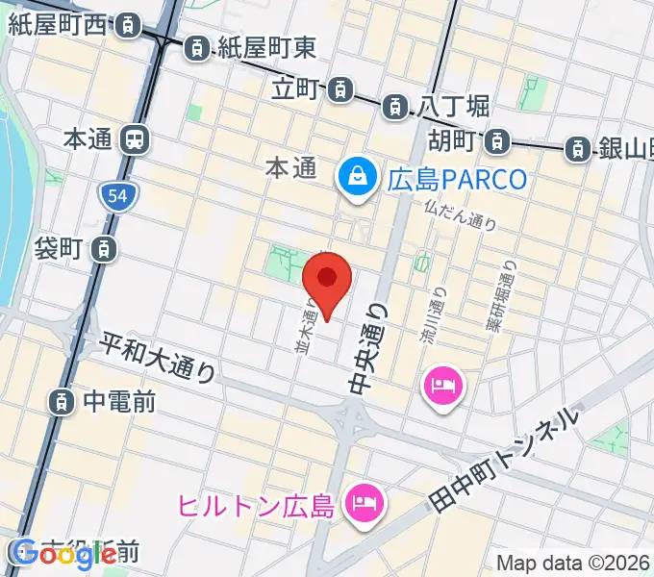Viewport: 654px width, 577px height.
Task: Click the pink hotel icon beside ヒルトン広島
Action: [x=365, y=501]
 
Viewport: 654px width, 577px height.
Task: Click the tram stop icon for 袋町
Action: [x=102, y=250]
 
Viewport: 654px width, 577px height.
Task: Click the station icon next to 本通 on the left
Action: [x=135, y=139]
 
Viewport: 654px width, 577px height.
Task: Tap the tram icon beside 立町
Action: [x=340, y=90]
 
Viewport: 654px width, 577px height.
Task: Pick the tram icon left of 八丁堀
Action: [x=395, y=108]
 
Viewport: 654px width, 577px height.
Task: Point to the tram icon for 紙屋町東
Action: [x=196, y=45]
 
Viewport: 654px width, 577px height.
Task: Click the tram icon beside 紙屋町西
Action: [x=125, y=27]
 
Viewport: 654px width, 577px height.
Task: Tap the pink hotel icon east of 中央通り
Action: [x=442, y=388]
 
